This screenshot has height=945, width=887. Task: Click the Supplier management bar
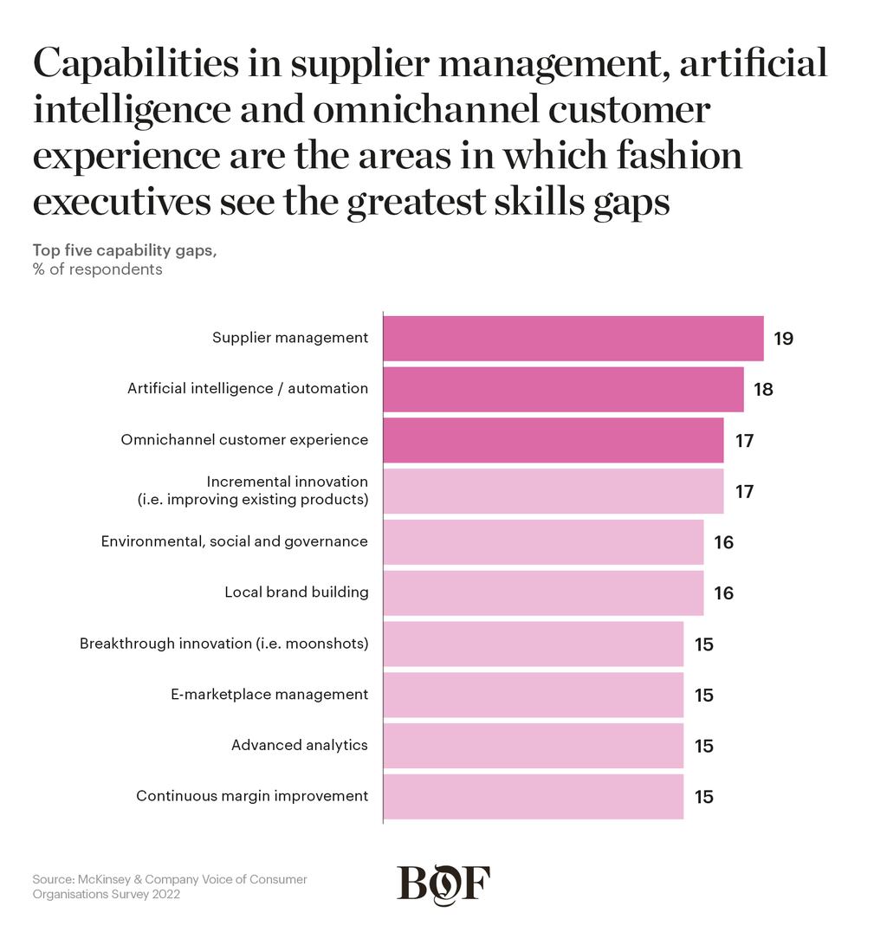pyautogui.click(x=573, y=339)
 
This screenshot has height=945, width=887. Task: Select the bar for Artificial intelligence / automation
pyautogui.click(x=563, y=389)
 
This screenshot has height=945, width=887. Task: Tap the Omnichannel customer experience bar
pyautogui.click(x=554, y=441)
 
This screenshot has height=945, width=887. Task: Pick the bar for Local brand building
pyautogui.click(x=543, y=593)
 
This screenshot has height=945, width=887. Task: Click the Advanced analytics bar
pyautogui.click(x=534, y=746)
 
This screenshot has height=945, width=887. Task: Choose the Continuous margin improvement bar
pyautogui.click(x=534, y=797)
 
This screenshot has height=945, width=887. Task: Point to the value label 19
pyautogui.click(x=783, y=339)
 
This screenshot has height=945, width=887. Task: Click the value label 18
pyautogui.click(x=763, y=389)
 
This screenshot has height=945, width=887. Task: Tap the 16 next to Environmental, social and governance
pyautogui.click(x=723, y=542)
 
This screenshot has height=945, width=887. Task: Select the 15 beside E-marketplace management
pyautogui.click(x=704, y=695)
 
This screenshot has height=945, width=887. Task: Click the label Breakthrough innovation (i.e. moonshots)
pyautogui.click(x=224, y=644)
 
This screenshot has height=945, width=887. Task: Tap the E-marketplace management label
pyautogui.click(x=269, y=695)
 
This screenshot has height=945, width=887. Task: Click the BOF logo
pyautogui.click(x=443, y=884)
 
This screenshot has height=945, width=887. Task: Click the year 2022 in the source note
pyautogui.click(x=165, y=895)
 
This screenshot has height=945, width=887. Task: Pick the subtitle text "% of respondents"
pyautogui.click(x=98, y=269)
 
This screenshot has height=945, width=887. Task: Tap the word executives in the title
pyautogui.click(x=122, y=201)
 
